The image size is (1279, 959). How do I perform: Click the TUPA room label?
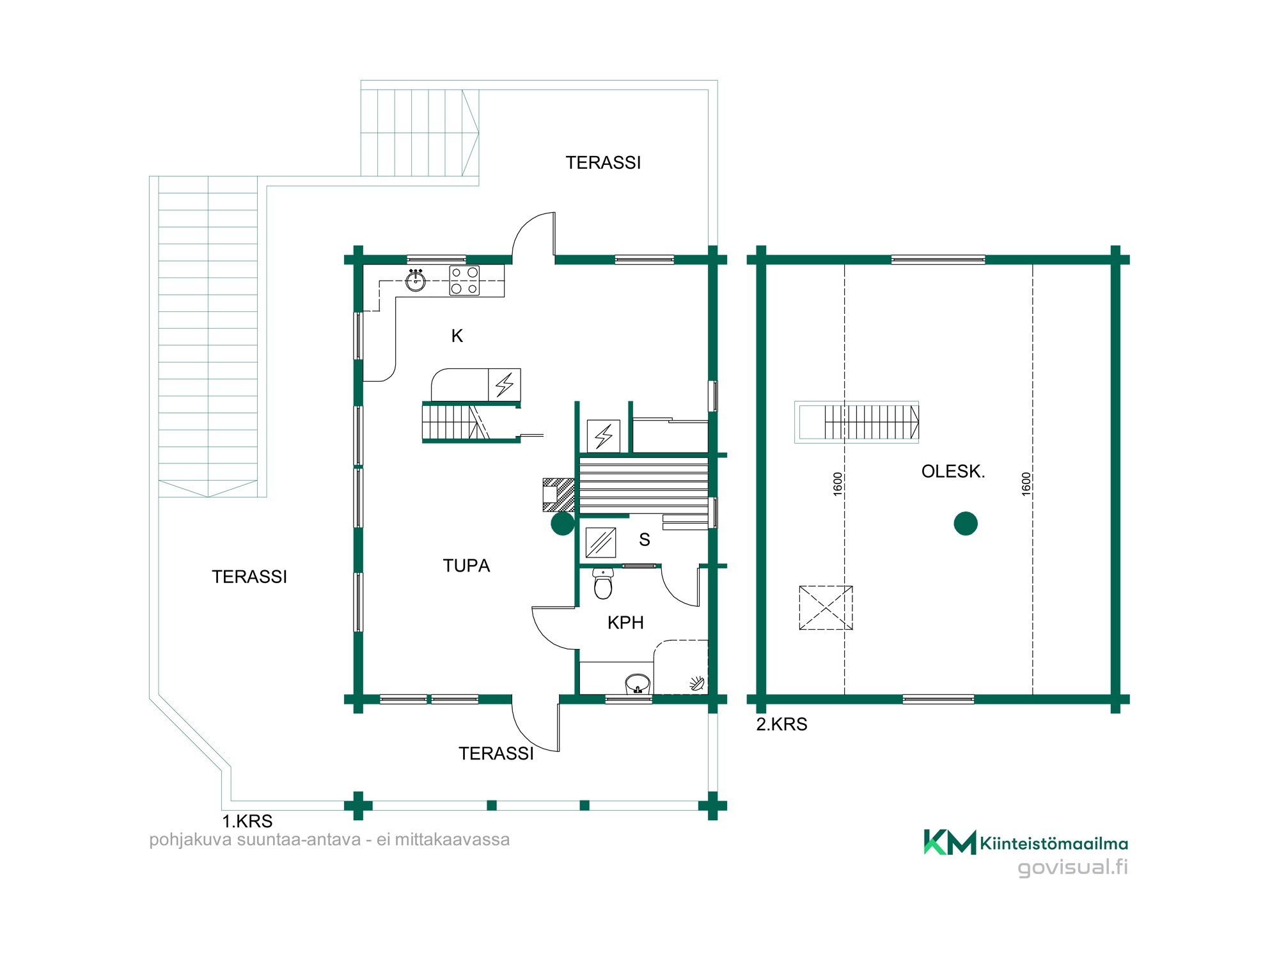tap(466, 566)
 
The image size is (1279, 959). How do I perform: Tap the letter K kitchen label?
tap(457, 336)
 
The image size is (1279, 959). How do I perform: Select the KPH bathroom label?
tap(625, 623)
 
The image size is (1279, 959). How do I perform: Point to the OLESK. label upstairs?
tap(953, 472)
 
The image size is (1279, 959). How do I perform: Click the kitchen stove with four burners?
tap(464, 281)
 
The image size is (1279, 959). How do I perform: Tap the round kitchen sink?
tap(416, 281)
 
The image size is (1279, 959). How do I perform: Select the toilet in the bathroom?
tap(603, 583)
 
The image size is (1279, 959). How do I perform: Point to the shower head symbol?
tap(698, 684)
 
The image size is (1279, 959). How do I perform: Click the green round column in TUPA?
tap(563, 524)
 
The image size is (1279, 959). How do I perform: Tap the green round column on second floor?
tap(966, 524)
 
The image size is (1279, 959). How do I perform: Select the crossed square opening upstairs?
tap(826, 608)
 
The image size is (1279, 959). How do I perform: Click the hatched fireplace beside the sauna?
tap(558, 495)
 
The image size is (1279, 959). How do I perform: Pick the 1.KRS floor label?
tap(247, 822)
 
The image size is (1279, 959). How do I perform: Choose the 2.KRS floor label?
tap(781, 725)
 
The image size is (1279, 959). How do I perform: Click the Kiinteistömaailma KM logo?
tap(1026, 843)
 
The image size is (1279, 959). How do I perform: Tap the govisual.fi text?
tap(1072, 868)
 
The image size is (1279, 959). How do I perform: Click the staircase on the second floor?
tap(857, 422)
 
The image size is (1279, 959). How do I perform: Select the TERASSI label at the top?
tap(603, 163)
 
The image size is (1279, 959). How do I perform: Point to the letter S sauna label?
tap(645, 540)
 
